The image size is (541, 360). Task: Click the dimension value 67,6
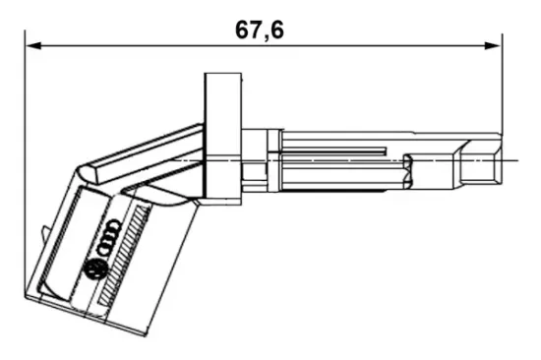260,30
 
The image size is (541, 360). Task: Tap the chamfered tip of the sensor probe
481,159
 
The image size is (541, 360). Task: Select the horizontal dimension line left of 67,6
128,44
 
